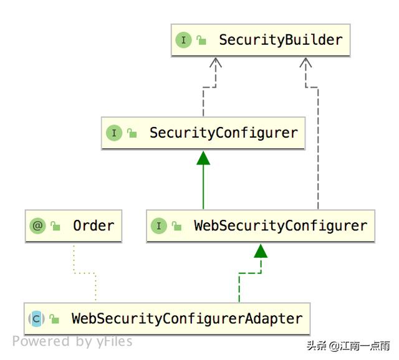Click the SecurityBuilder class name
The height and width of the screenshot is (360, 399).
(281, 40)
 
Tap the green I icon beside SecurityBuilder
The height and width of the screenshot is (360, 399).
(183, 40)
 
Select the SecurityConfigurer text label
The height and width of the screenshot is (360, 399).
(224, 133)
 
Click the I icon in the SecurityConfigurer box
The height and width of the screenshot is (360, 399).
(113, 133)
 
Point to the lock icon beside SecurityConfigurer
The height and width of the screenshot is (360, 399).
(132, 133)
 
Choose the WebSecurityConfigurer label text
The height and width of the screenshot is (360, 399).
(281, 225)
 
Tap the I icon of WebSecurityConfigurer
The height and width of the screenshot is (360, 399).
(158, 225)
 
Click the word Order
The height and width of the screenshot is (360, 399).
(94, 225)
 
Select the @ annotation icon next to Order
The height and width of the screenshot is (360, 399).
(38, 225)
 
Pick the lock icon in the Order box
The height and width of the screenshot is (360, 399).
(56, 225)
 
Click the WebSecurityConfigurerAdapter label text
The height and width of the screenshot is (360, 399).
(187, 318)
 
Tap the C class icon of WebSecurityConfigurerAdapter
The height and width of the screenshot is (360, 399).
(36, 319)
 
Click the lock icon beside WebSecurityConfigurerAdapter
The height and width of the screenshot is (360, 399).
(55, 319)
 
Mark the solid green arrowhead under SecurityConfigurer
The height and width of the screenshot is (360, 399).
(203, 158)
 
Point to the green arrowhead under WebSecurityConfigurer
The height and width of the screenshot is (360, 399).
(261, 250)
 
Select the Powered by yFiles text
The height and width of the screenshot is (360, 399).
(72, 341)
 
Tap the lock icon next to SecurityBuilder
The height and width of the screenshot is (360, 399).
(201, 40)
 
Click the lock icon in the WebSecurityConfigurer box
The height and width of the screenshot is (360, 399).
(176, 225)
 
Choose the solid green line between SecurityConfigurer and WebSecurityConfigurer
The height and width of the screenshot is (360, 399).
(203, 187)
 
